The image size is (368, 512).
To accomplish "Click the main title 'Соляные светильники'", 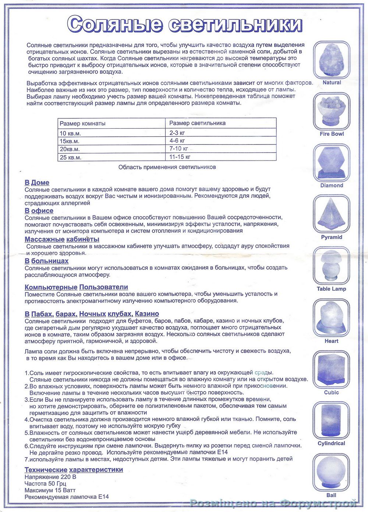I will click(x=185, y=25).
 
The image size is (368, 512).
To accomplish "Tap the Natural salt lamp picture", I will click(x=331, y=59).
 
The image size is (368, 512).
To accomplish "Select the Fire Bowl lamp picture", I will click(x=331, y=110).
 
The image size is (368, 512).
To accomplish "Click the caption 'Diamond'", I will click(x=332, y=186).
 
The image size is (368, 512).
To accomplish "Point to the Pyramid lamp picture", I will click(x=331, y=213).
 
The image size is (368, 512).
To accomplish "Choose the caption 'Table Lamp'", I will click(x=331, y=289).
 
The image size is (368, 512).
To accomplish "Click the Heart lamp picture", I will click(x=331, y=317).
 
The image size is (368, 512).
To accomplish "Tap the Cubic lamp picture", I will click(x=331, y=369).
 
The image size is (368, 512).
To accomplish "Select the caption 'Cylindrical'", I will click(x=331, y=444).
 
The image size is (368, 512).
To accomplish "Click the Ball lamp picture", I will click(x=331, y=472).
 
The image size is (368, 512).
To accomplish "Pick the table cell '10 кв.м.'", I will click(x=70, y=133).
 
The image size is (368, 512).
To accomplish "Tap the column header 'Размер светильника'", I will click(x=197, y=123).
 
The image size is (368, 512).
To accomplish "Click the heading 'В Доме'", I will click(x=37, y=183).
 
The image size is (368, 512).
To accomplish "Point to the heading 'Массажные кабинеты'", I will click(x=62, y=239).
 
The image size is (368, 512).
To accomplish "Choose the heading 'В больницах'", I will click(x=46, y=261).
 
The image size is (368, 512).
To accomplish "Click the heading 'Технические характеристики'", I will click(x=74, y=470).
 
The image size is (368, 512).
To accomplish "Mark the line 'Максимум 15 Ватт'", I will click(x=50, y=490).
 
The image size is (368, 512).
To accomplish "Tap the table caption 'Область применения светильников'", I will click(x=167, y=167).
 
